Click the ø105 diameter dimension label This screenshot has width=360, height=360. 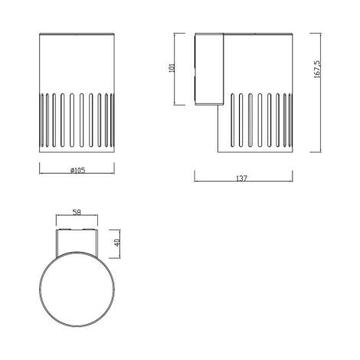(77, 170)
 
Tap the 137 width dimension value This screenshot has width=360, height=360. (242, 178)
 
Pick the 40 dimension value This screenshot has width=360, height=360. (116, 243)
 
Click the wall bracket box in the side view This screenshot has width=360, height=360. (209, 69)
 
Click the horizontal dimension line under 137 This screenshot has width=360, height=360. (242, 182)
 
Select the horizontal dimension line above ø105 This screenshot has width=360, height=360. (77, 175)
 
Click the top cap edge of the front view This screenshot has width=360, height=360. (77, 34)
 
